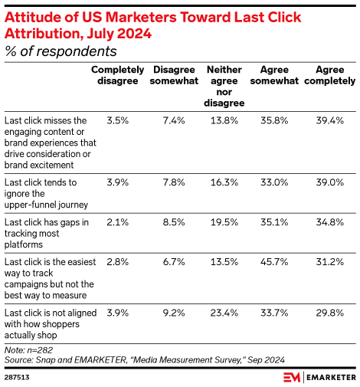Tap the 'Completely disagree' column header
click(x=116, y=75)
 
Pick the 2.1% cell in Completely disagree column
click(x=116, y=221)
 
